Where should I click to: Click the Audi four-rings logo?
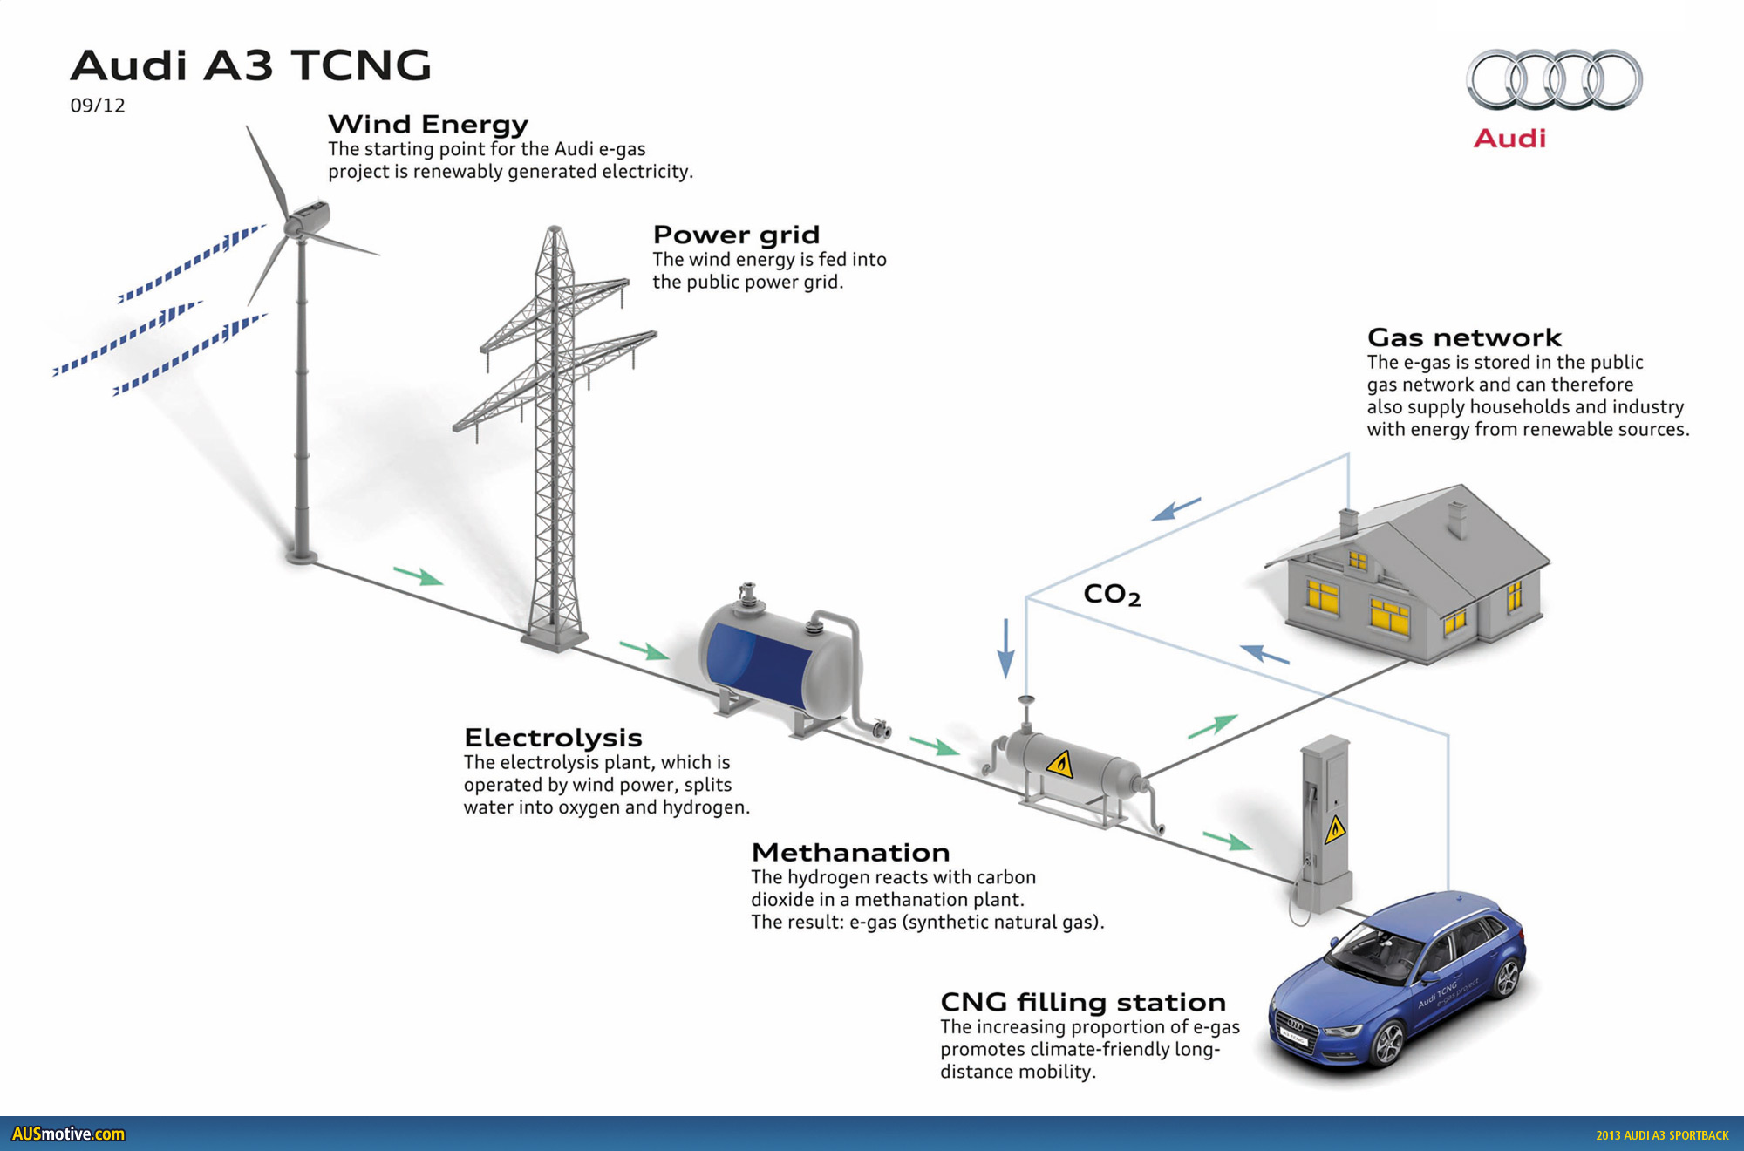pos(1554,79)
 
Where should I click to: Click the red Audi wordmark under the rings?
pos(1509,139)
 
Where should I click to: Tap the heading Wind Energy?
pos(428,125)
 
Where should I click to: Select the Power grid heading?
pos(736,235)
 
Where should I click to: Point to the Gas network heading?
pos(1464,337)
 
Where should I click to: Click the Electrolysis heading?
pos(553,738)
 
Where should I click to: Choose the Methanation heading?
pos(850,852)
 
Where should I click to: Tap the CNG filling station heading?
pos(1083,1002)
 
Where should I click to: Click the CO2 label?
pos(1112,595)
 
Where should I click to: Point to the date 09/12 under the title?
pos(98,106)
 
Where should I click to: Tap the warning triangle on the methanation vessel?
pos(1060,765)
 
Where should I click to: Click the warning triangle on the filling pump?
pos(1335,829)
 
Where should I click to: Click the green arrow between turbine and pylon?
pos(419,575)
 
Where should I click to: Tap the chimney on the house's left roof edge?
pos(1348,522)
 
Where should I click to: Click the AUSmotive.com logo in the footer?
pos(68,1134)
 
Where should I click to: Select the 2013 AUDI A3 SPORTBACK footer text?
pos(1662,1135)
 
